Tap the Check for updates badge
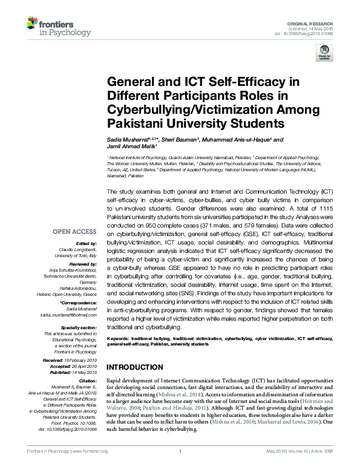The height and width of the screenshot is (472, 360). click(325, 52)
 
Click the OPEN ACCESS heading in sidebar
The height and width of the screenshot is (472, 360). click(75, 231)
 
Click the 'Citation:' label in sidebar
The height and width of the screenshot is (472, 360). click(87, 380)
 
